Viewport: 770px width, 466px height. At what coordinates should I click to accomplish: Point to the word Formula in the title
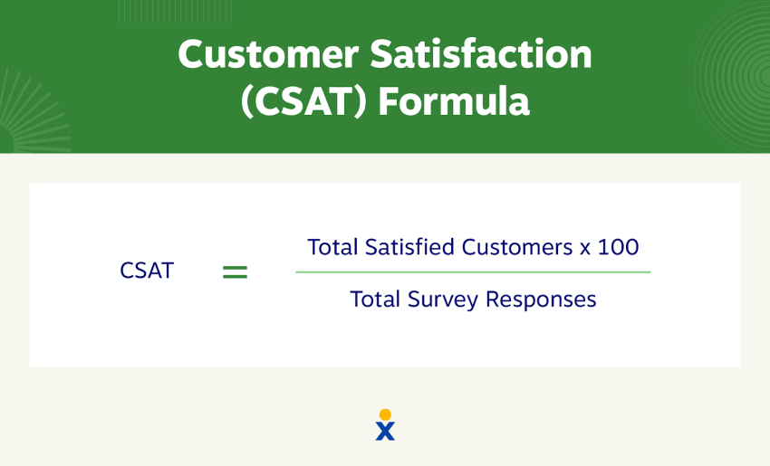tap(453, 102)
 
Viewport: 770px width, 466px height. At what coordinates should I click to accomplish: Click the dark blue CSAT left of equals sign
tap(147, 271)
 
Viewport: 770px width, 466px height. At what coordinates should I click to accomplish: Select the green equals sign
tap(235, 271)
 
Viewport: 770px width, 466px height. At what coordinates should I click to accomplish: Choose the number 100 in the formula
tap(619, 247)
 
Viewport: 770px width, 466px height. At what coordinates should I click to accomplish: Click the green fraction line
tap(473, 272)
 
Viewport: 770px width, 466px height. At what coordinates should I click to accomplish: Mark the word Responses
tap(541, 300)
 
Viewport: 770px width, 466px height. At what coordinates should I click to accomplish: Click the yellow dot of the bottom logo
tap(385, 414)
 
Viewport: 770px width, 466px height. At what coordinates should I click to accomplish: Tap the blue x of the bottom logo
tap(385, 432)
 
